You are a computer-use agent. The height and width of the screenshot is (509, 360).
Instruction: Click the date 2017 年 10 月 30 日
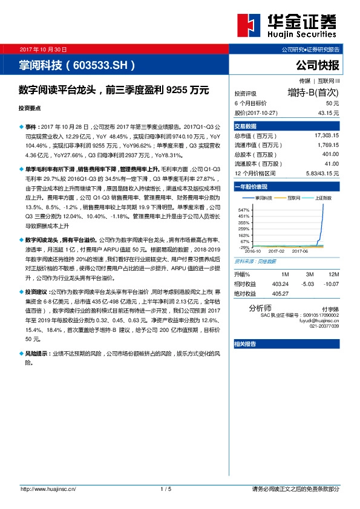43,49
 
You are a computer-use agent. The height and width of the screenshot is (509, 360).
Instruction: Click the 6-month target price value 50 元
332,103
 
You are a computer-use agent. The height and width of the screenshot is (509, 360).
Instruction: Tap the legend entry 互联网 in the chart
295,197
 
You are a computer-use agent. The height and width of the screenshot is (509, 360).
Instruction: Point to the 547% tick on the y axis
244,209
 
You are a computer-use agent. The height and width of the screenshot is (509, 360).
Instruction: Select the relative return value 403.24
280,284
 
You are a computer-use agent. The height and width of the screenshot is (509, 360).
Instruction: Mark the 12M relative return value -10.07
331,284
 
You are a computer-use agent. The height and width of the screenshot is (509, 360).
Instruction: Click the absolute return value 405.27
280,293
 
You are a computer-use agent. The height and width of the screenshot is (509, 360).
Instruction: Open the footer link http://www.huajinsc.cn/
48,488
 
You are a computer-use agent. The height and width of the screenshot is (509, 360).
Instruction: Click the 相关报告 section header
245,343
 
